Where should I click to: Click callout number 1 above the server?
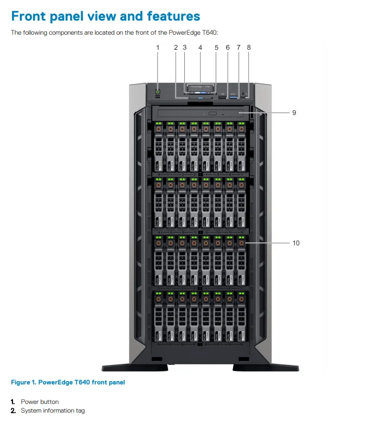158,48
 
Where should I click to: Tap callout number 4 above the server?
200,48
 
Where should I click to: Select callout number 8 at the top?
249,48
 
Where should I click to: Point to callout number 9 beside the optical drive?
294,113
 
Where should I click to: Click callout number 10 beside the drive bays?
295,243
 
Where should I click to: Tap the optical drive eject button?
212,114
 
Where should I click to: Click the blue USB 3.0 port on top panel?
234,97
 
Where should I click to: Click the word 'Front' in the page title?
36,16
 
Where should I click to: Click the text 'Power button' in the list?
40,402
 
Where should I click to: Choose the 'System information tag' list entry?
53,411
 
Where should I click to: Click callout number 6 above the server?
228,48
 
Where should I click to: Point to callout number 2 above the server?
176,48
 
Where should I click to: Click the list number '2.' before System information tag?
14,411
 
